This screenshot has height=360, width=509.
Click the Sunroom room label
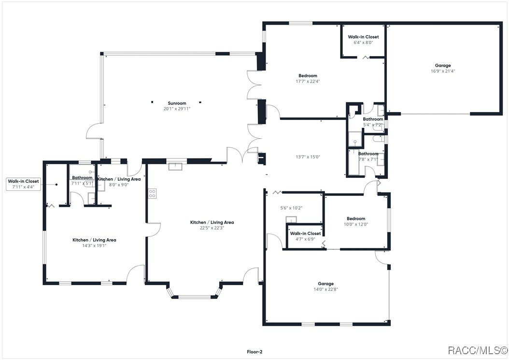(x=177, y=103)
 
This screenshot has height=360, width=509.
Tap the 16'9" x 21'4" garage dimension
(x=443, y=71)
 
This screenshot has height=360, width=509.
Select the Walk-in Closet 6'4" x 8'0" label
(x=363, y=39)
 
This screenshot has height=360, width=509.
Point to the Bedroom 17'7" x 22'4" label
(x=308, y=78)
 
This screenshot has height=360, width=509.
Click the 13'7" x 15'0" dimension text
(x=308, y=157)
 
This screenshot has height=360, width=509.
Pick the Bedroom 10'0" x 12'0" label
(x=356, y=221)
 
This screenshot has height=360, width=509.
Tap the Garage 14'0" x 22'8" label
(x=325, y=286)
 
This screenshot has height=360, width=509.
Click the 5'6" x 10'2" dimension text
(x=291, y=208)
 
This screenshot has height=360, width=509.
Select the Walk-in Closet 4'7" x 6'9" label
(x=305, y=236)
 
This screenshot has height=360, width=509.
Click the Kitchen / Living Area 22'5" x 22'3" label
(x=212, y=225)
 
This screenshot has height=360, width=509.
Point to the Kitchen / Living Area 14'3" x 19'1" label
(x=94, y=243)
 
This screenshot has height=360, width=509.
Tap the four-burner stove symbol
(x=152, y=193)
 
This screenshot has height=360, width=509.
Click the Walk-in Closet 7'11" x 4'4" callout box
(x=23, y=184)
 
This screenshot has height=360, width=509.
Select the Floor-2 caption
(x=254, y=352)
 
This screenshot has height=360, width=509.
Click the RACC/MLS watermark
(x=478, y=350)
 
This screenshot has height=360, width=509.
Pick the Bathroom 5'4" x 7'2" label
(x=373, y=122)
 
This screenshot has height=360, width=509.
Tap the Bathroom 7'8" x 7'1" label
(x=368, y=157)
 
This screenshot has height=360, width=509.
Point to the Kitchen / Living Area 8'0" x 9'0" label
(x=119, y=182)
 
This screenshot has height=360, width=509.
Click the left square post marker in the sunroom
(x=152, y=102)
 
